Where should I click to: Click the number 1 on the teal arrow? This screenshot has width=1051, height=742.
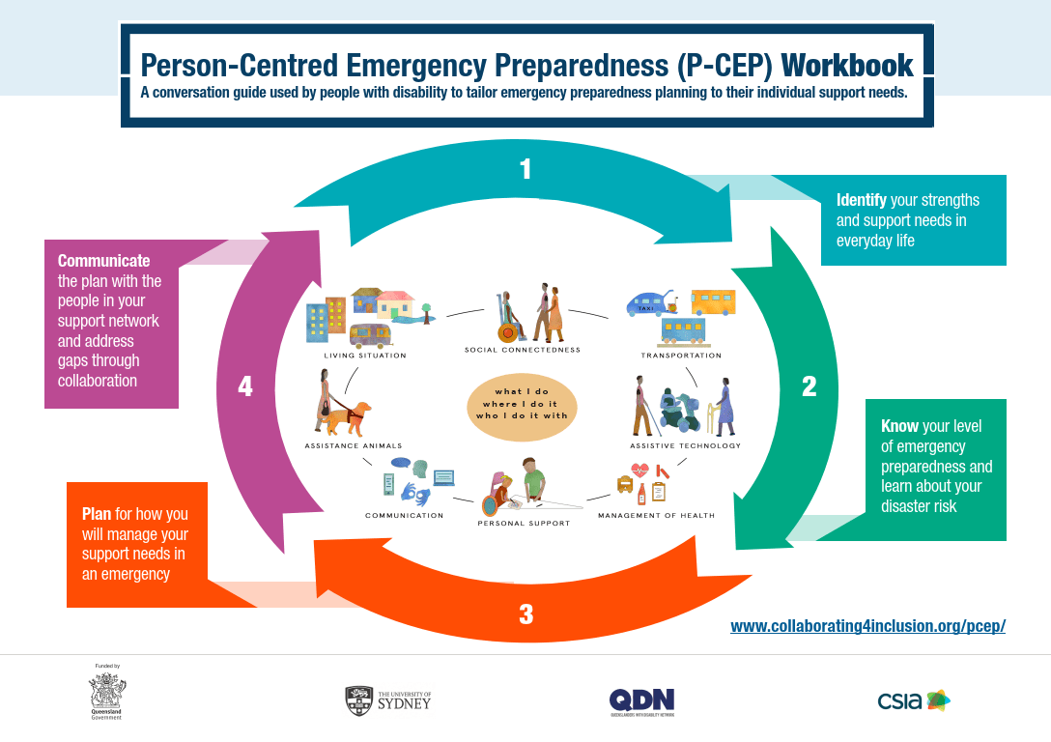525,170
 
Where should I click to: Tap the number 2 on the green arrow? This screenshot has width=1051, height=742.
809,386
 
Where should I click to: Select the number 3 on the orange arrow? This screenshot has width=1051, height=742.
525,614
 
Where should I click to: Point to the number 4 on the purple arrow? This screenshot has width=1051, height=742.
245,386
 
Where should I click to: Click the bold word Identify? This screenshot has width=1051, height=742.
861,200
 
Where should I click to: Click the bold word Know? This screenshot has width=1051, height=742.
899,426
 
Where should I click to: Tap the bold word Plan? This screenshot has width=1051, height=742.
97,514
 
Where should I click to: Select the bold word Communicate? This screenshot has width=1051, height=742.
103,261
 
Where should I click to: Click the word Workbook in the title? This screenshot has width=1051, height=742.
847,66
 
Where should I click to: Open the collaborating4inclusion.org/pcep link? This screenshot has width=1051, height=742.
867,625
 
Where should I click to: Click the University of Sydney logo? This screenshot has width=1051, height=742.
388,699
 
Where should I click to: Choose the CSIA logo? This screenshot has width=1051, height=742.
914,700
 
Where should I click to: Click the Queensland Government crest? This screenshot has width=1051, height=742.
107,693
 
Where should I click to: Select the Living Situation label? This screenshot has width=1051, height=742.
365,356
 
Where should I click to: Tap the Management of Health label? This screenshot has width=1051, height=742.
656,516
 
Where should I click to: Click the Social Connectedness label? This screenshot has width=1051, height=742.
523,350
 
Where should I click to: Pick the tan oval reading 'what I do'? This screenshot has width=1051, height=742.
523,404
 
